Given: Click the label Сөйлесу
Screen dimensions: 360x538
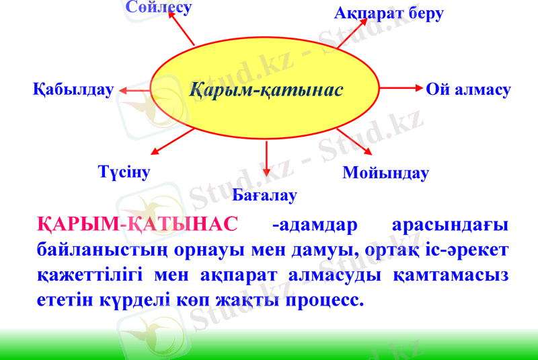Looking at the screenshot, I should tap(158, 7).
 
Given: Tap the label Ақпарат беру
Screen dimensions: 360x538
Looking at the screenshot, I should tap(389, 13).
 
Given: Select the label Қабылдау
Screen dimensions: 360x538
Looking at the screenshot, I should tap(73, 89).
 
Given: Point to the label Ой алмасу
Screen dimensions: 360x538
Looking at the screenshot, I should tap(468, 89).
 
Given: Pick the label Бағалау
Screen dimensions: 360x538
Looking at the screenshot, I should tap(264, 196).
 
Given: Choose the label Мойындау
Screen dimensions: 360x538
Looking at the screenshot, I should tap(385, 173).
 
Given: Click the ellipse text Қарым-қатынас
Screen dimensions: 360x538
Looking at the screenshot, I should tap(266, 89).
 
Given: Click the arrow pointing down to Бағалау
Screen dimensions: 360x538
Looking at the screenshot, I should tap(267, 160).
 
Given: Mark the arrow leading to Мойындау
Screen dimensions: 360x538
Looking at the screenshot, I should tap(354, 141).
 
